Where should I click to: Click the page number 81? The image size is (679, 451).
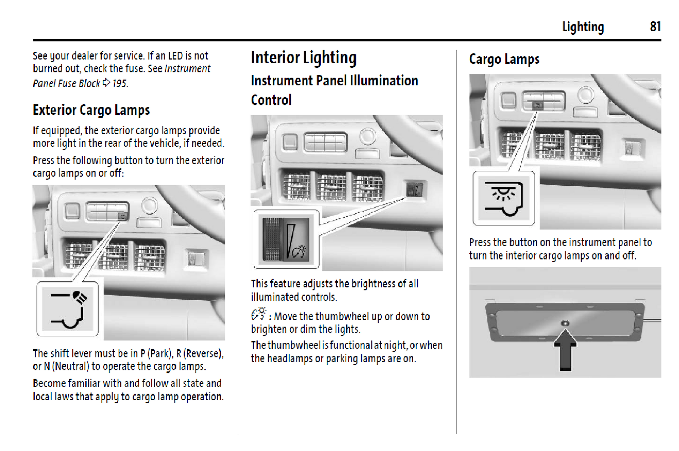pos(655,27)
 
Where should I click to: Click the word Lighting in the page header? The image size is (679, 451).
pos(583,27)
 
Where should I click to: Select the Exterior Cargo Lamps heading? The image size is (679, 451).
pos(91,110)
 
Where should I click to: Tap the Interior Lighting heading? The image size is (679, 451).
pos(303,58)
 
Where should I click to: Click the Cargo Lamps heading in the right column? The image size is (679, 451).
pos(504,59)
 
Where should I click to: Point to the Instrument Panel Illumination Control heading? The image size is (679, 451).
pos(334,90)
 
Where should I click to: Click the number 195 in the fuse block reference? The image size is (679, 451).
pos(119,83)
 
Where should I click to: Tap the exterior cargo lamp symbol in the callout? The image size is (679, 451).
pos(67,309)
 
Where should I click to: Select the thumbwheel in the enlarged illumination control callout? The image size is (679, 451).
pos(272,240)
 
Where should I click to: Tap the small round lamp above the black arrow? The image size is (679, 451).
pos(565,323)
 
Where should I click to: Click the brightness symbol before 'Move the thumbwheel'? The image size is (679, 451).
pos(258,314)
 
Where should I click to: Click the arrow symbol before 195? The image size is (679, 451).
pos(106,83)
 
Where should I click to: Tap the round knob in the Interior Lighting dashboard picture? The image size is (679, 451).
pos(367,136)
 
